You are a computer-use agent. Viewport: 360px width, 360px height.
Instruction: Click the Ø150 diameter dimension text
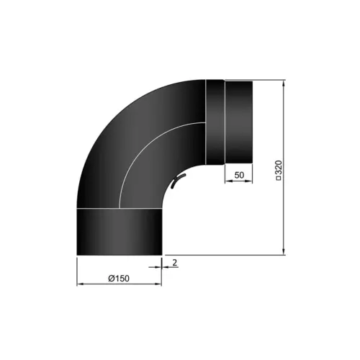tap(119, 279)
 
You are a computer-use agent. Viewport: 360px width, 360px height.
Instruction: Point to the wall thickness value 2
tap(175, 263)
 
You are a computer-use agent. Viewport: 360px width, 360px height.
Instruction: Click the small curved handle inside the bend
tap(177, 183)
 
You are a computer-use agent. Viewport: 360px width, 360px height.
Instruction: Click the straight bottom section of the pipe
tap(119, 230)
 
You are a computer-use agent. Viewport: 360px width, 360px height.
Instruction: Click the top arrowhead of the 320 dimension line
tap(284, 84)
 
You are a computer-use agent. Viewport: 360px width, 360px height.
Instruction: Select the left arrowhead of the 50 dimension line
tap(227, 181)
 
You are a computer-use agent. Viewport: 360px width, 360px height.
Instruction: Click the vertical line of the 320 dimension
tap(284, 209)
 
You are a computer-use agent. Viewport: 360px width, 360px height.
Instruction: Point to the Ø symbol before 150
tap(109, 279)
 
